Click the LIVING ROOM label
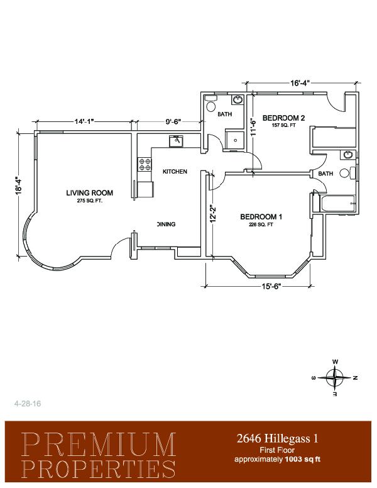tap(89, 192)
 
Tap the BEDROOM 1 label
tap(261, 216)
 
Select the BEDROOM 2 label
tap(283, 118)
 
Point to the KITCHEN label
tap(175, 172)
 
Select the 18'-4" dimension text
tap(19, 186)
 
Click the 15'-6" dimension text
tap(271, 287)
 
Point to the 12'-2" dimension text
tap(213, 214)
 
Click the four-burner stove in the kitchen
tap(145, 164)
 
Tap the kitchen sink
tap(177, 141)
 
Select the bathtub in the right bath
tap(337, 204)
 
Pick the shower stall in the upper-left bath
tap(234, 140)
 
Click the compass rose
tap(335, 378)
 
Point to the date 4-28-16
tap(28, 404)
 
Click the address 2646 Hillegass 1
tap(278, 438)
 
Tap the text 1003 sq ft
tap(303, 459)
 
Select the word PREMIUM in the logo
tap(99, 445)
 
